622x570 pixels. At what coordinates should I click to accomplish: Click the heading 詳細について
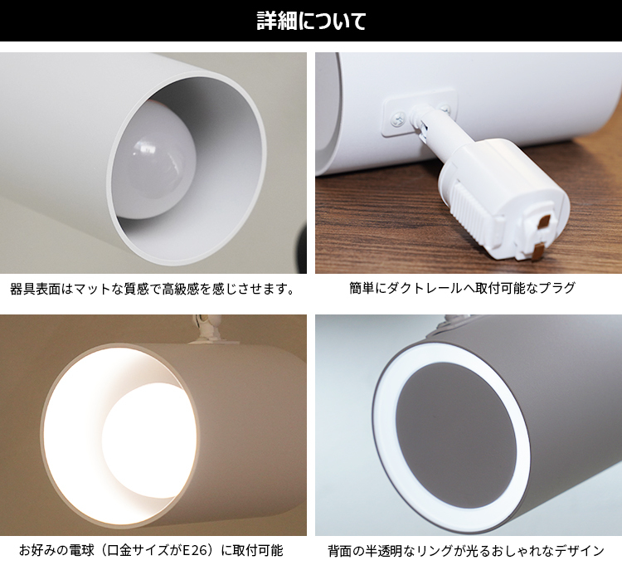311,21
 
